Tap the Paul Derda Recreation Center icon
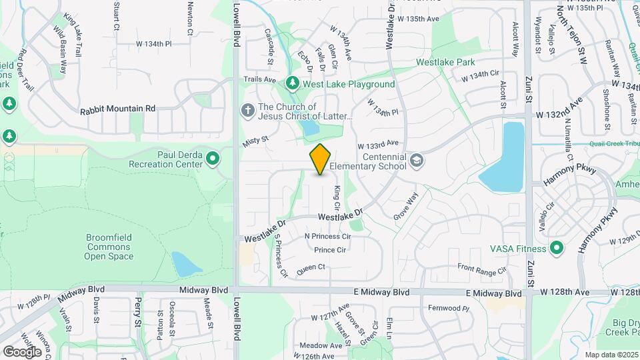(213, 159)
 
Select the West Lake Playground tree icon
(292, 83)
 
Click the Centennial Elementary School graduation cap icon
(417, 160)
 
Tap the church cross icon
(247, 110)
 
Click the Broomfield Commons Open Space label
(110, 247)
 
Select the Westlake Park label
(445, 62)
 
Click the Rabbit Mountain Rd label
(117, 108)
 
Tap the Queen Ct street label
(311, 267)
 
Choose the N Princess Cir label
(327, 237)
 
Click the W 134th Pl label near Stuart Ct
(154, 43)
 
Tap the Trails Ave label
(259, 79)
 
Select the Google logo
(23, 351)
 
